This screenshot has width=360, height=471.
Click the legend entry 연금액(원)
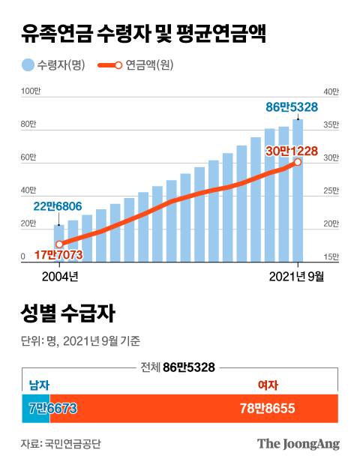[x=143, y=65]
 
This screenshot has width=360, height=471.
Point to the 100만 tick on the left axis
[x=31, y=91]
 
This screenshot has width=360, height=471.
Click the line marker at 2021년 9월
[x=298, y=162]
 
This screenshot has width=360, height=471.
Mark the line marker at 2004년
[x=59, y=244]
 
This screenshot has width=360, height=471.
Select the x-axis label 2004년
[x=59, y=277]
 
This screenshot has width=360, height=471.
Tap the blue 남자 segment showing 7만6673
[x=36, y=409]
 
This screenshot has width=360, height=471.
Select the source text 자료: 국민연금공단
[x=61, y=443]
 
